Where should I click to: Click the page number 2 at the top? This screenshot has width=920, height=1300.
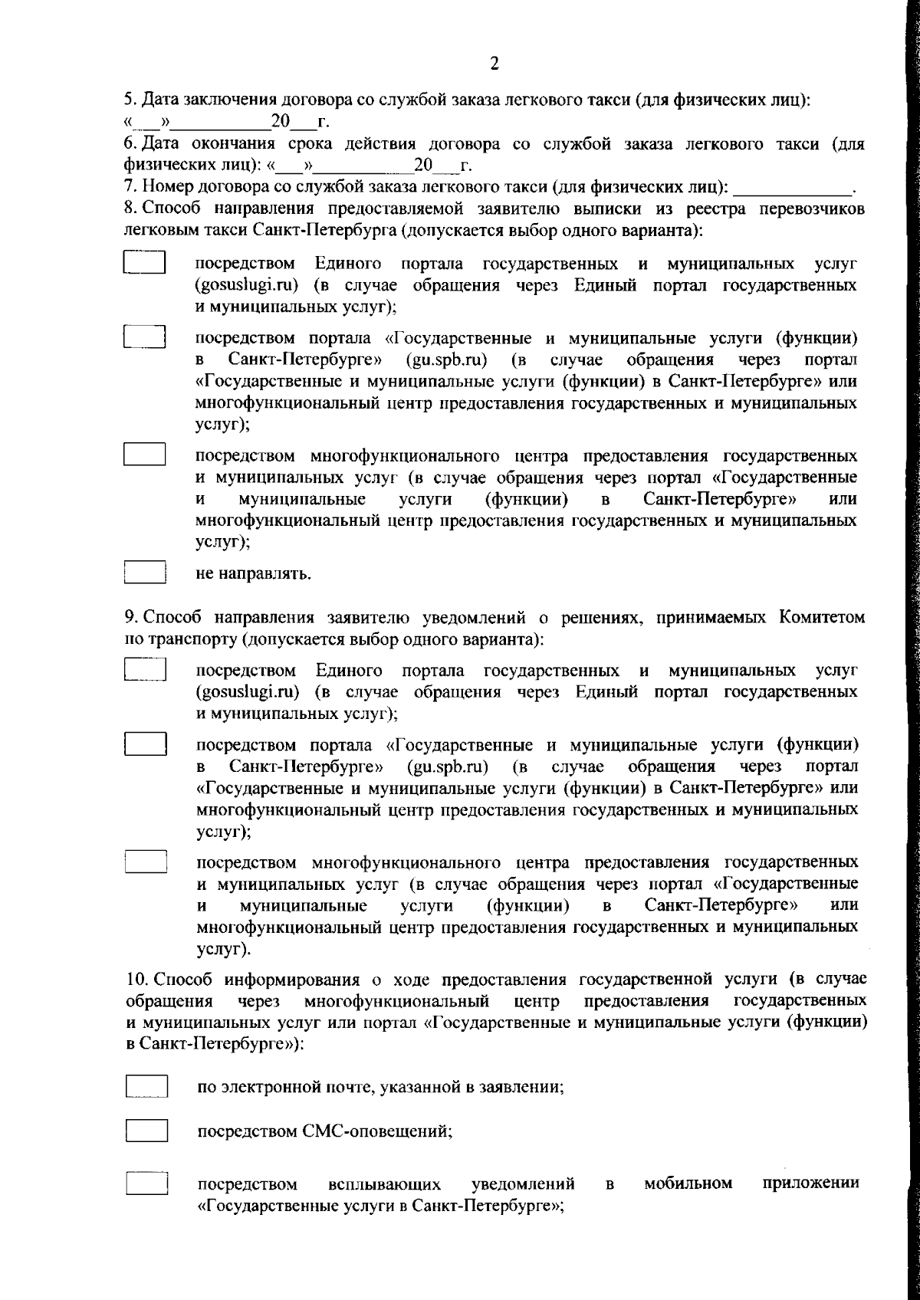click(494, 64)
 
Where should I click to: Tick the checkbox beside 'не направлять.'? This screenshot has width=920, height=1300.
click(146, 573)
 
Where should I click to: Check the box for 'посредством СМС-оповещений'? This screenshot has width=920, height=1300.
click(146, 1131)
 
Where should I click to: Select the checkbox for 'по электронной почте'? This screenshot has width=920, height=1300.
click(146, 1087)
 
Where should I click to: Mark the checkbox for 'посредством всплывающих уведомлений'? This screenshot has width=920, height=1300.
click(146, 1183)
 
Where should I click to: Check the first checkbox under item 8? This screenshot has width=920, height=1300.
click(146, 263)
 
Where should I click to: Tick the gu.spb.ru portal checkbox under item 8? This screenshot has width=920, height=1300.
click(146, 338)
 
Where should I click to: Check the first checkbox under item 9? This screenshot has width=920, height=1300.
click(146, 669)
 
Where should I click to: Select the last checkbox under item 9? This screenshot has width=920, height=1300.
click(146, 861)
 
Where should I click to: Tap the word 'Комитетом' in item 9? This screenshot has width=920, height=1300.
click(823, 617)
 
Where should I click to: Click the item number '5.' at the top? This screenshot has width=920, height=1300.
click(130, 100)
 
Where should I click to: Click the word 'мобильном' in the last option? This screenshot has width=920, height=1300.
click(688, 1183)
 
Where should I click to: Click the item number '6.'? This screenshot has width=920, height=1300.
click(130, 144)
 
